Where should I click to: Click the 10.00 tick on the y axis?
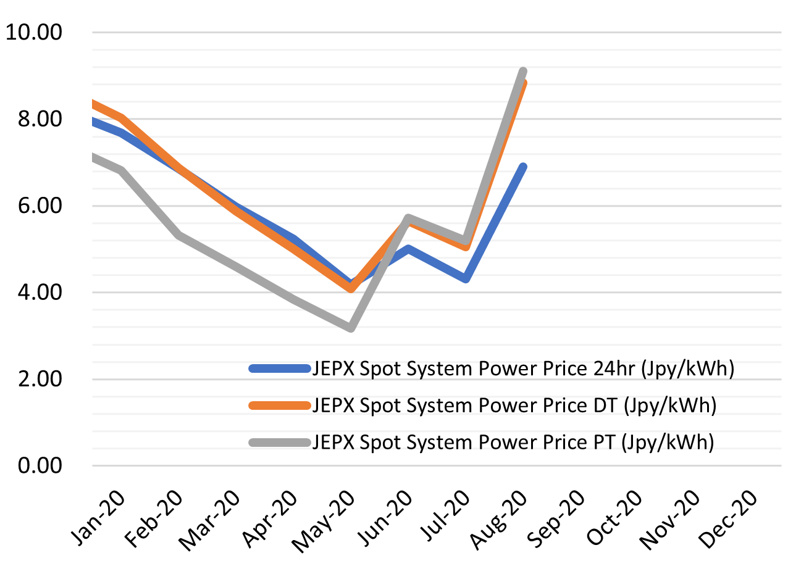tap(33, 32)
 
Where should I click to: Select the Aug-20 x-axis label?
tap(500, 518)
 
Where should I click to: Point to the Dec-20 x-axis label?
tap(729, 518)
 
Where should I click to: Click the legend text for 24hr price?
tap(522, 369)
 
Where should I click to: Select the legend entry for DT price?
tap(514, 406)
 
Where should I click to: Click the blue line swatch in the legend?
tap(279, 369)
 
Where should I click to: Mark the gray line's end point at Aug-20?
tap(523, 72)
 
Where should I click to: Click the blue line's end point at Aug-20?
tap(523, 167)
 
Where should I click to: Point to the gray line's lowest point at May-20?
tap(351, 327)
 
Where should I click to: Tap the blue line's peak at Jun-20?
tap(408, 249)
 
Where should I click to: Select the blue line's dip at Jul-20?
tap(466, 278)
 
